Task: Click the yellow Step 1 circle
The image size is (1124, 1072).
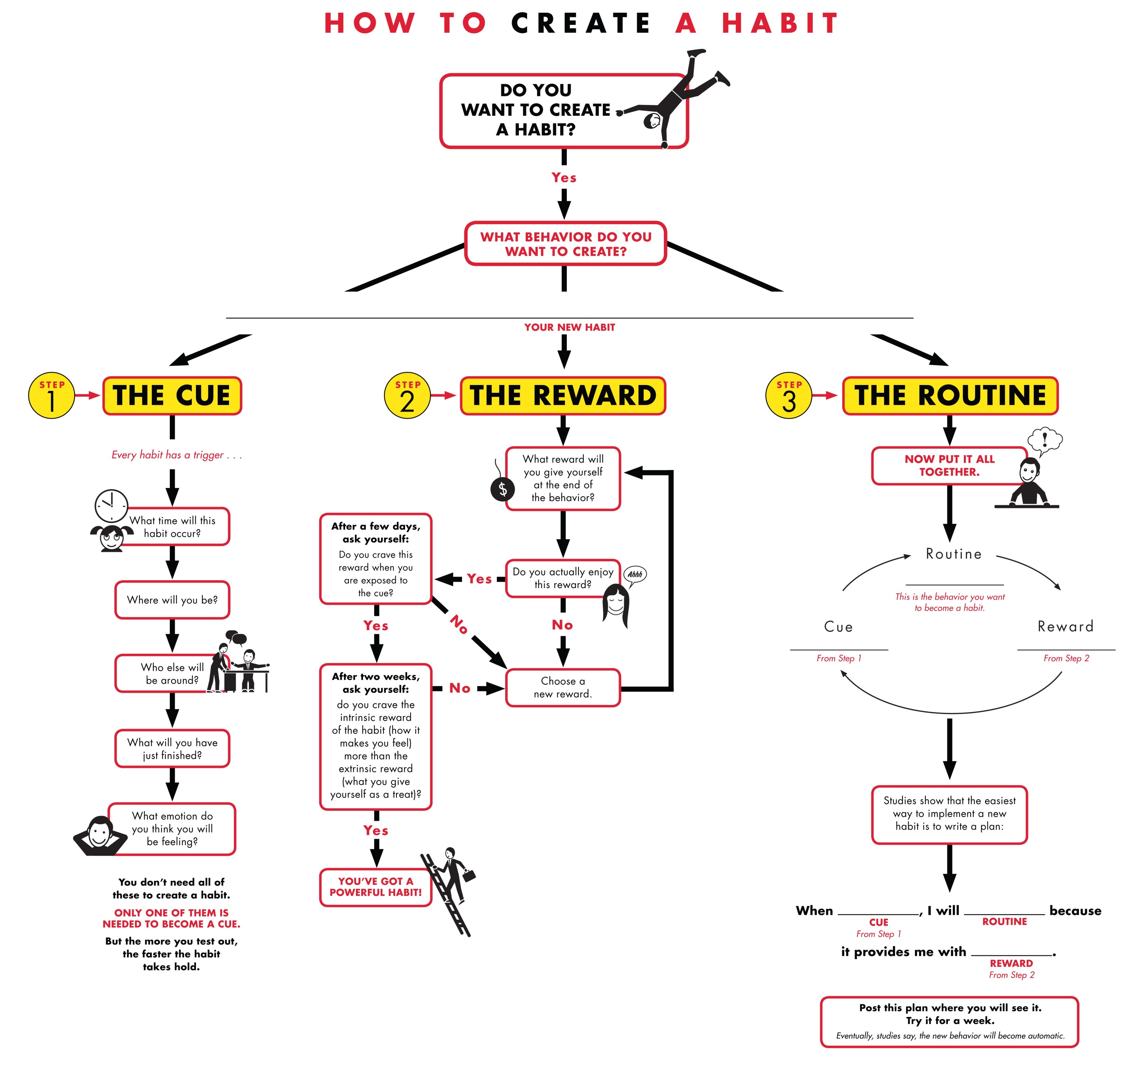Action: coord(51,395)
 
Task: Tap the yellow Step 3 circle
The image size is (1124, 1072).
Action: coord(788,395)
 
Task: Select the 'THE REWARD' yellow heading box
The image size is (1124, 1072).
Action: coord(563,395)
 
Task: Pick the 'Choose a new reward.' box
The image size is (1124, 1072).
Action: coord(563,687)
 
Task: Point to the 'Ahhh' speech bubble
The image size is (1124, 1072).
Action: coord(635,574)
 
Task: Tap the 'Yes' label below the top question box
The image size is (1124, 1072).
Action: coord(564,178)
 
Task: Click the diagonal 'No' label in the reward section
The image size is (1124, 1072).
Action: coord(459,624)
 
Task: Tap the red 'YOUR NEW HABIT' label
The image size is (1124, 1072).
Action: coord(569,328)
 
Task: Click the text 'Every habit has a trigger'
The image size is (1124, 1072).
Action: coord(176,455)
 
